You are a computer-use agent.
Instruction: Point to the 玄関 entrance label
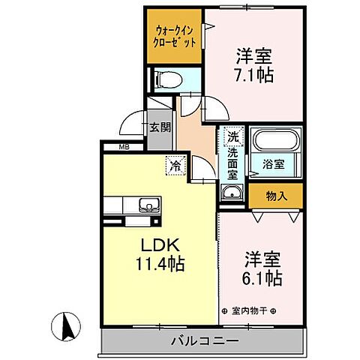click(x=159, y=127)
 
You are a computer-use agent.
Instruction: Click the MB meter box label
click(x=123, y=147)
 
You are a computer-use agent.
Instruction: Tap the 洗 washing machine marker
click(x=233, y=137)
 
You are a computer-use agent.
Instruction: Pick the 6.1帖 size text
click(x=262, y=278)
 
